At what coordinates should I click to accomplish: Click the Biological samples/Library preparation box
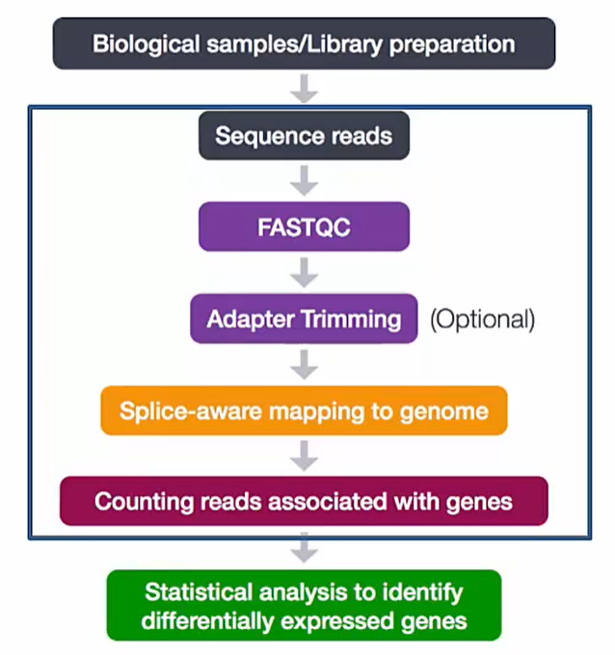click(304, 44)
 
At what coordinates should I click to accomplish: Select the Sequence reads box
click(304, 135)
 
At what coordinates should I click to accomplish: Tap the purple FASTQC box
click(304, 227)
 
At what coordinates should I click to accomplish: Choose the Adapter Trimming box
click(304, 319)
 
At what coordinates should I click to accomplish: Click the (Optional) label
click(482, 319)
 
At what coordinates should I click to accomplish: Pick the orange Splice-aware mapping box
click(304, 411)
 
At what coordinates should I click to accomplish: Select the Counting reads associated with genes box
click(304, 501)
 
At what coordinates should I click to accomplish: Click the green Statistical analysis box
click(304, 606)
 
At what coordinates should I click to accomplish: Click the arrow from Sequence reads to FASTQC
click(305, 180)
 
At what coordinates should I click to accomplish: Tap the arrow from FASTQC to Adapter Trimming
click(305, 273)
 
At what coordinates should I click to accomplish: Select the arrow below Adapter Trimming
click(305, 364)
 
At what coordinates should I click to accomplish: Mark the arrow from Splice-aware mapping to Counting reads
click(305, 455)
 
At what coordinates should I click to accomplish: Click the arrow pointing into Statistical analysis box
click(305, 549)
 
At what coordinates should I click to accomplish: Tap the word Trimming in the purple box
click(356, 319)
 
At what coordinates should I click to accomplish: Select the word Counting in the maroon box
click(140, 501)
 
